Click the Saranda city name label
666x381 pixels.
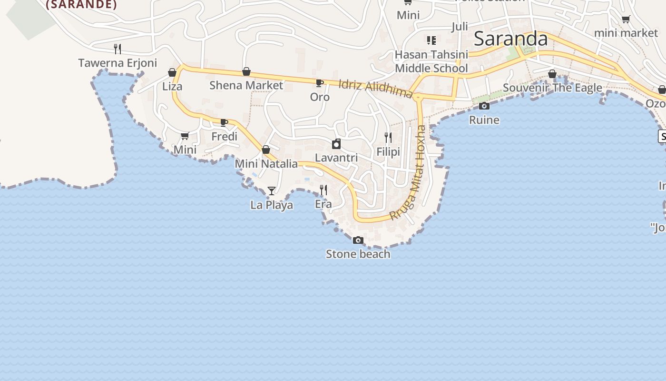pyautogui.click(x=510, y=39)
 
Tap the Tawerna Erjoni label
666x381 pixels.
pyautogui.click(x=118, y=63)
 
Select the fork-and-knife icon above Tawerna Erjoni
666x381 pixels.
pyautogui.click(x=118, y=49)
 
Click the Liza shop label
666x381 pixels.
pyautogui.click(x=172, y=87)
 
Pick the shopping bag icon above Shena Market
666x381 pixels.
pyautogui.click(x=246, y=72)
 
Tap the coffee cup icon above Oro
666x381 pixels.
pyautogui.click(x=320, y=83)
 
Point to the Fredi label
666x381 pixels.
pyautogui.click(x=224, y=137)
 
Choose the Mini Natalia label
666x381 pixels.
pyautogui.click(x=266, y=164)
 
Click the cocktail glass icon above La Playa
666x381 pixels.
pyautogui.click(x=271, y=191)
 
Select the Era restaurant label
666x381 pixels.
pyautogui.click(x=323, y=204)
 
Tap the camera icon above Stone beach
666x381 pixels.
pyautogui.click(x=358, y=241)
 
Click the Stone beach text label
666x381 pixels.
pyautogui.click(x=358, y=254)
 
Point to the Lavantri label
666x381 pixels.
pyautogui.click(x=336, y=158)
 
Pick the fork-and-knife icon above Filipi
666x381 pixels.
pyautogui.click(x=388, y=138)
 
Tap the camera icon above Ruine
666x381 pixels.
pyautogui.click(x=484, y=106)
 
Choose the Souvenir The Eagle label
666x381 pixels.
pyautogui.click(x=552, y=88)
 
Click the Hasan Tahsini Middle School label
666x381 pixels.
pyautogui.click(x=431, y=61)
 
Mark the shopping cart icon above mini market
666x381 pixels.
pyautogui.click(x=626, y=20)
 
